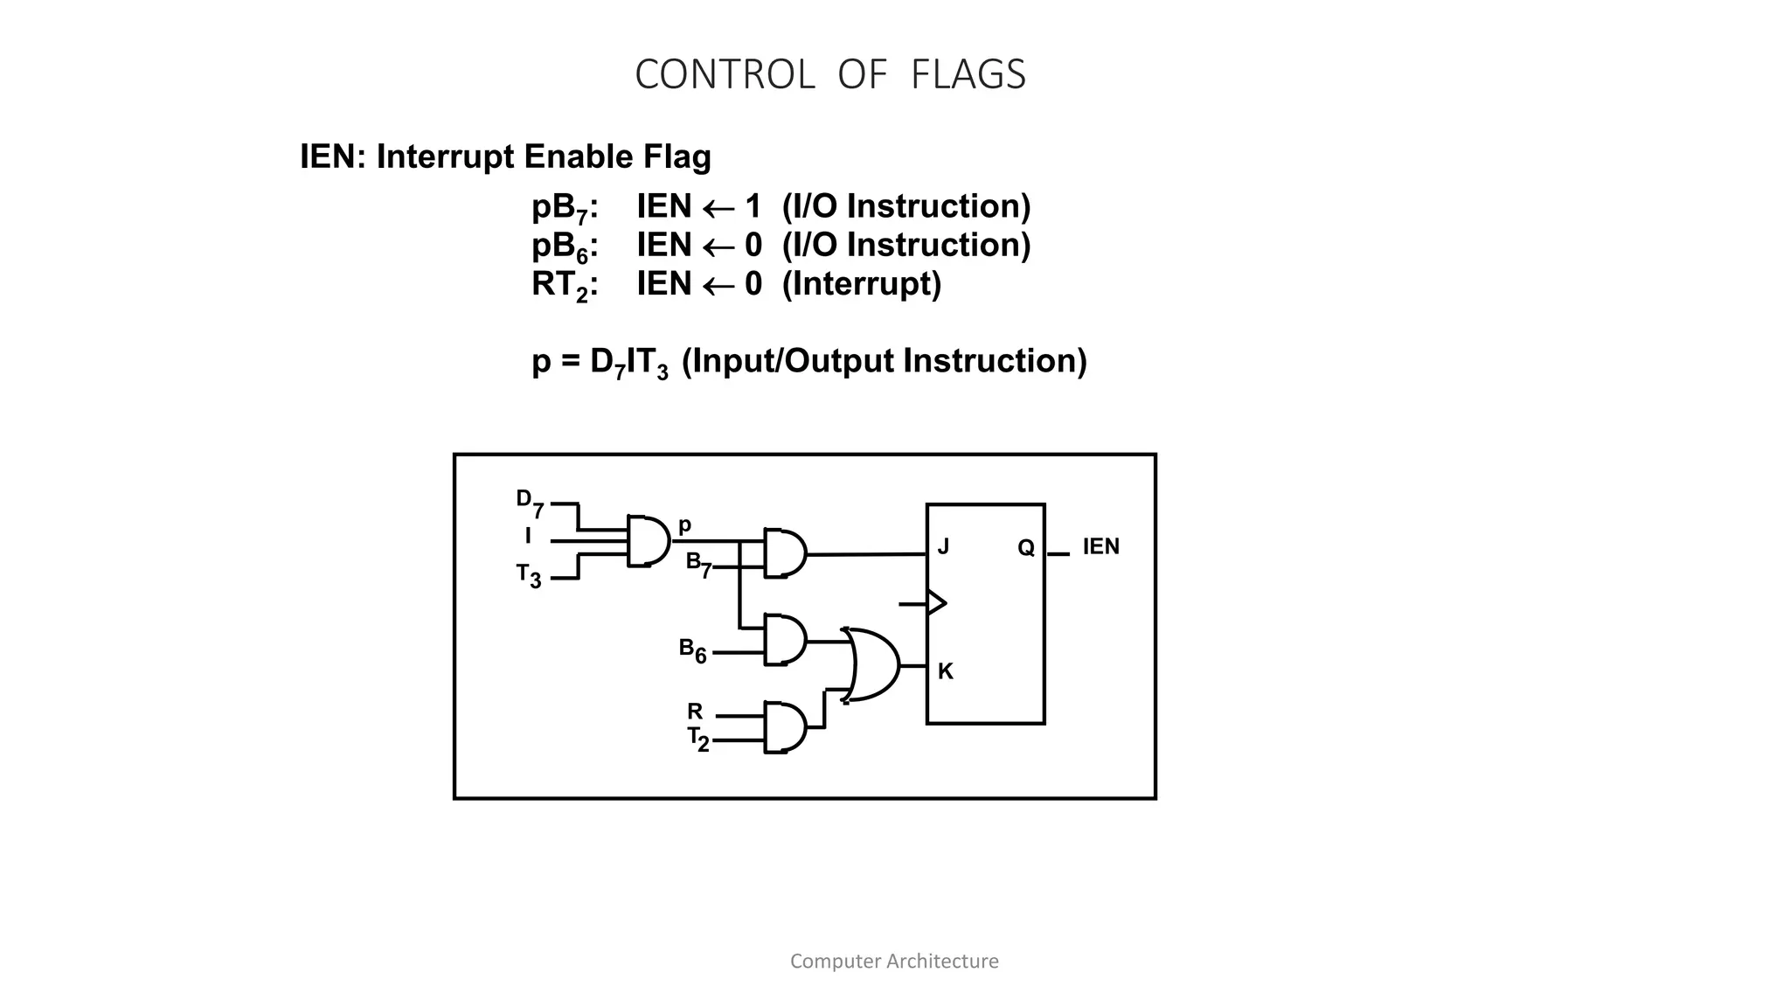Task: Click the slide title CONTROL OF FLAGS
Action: coord(829,74)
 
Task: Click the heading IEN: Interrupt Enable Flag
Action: coord(505,157)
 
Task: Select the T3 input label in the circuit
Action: coord(528,576)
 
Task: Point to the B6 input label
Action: coord(692,650)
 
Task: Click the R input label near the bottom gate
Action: coord(695,711)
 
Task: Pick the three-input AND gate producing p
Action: coord(648,541)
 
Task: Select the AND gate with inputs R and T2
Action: coord(784,727)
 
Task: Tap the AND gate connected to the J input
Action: coord(784,553)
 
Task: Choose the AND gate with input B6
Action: coord(784,640)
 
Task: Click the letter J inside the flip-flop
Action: coord(943,547)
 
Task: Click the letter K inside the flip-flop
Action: coord(945,671)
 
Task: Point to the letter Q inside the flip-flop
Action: coord(1026,548)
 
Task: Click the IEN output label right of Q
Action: coord(1100,547)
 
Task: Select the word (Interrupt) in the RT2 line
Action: coord(861,284)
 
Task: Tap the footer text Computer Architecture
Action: coord(894,962)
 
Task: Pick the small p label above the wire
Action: coord(684,525)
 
